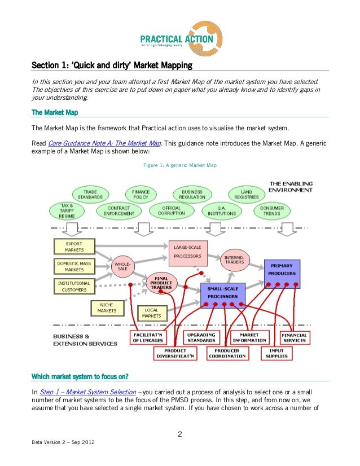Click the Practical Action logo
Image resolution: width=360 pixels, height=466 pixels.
[179, 34]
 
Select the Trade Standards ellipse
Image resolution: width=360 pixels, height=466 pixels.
[90, 195]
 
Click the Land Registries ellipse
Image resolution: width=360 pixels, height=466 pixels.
[246, 195]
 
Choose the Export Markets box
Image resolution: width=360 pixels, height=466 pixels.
[74, 247]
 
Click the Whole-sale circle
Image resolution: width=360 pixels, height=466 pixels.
[122, 266]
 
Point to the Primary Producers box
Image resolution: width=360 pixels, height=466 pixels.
[282, 269]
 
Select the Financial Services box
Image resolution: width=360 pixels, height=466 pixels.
[294, 337]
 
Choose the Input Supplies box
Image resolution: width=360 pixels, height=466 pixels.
[276, 353]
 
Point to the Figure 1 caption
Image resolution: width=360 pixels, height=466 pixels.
[179, 165]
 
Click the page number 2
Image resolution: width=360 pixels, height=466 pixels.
[179, 434]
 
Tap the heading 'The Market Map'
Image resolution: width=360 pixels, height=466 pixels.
[55, 113]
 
